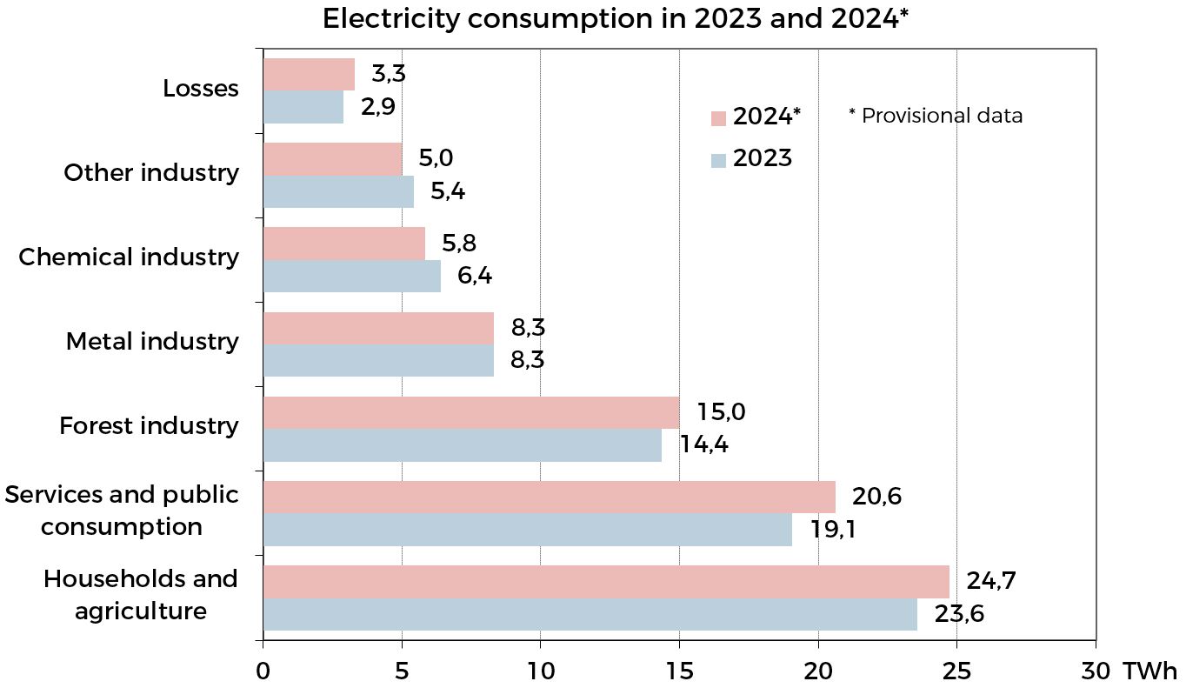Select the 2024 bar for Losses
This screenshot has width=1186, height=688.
point(309,75)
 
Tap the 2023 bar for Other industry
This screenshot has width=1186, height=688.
point(338,191)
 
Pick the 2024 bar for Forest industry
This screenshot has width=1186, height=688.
point(470,412)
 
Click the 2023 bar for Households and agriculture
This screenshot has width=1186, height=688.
point(590,614)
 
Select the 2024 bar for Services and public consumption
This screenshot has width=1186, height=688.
point(549,497)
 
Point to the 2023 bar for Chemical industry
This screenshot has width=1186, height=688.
point(351,276)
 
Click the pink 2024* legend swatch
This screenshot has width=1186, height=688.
point(718,118)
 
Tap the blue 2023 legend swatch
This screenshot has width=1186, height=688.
point(718,160)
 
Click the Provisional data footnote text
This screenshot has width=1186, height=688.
point(936,116)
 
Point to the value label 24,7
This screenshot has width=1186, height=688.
point(990,580)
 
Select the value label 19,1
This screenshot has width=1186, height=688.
point(832,529)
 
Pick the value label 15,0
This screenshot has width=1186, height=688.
point(721,411)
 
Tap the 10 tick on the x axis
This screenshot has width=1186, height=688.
point(540,671)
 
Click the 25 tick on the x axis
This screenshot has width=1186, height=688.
point(956,671)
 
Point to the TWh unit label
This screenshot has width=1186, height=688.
point(1149,671)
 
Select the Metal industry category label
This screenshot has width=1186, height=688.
point(152,342)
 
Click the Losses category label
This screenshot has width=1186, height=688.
point(201,89)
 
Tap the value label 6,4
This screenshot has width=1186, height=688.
point(475,277)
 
